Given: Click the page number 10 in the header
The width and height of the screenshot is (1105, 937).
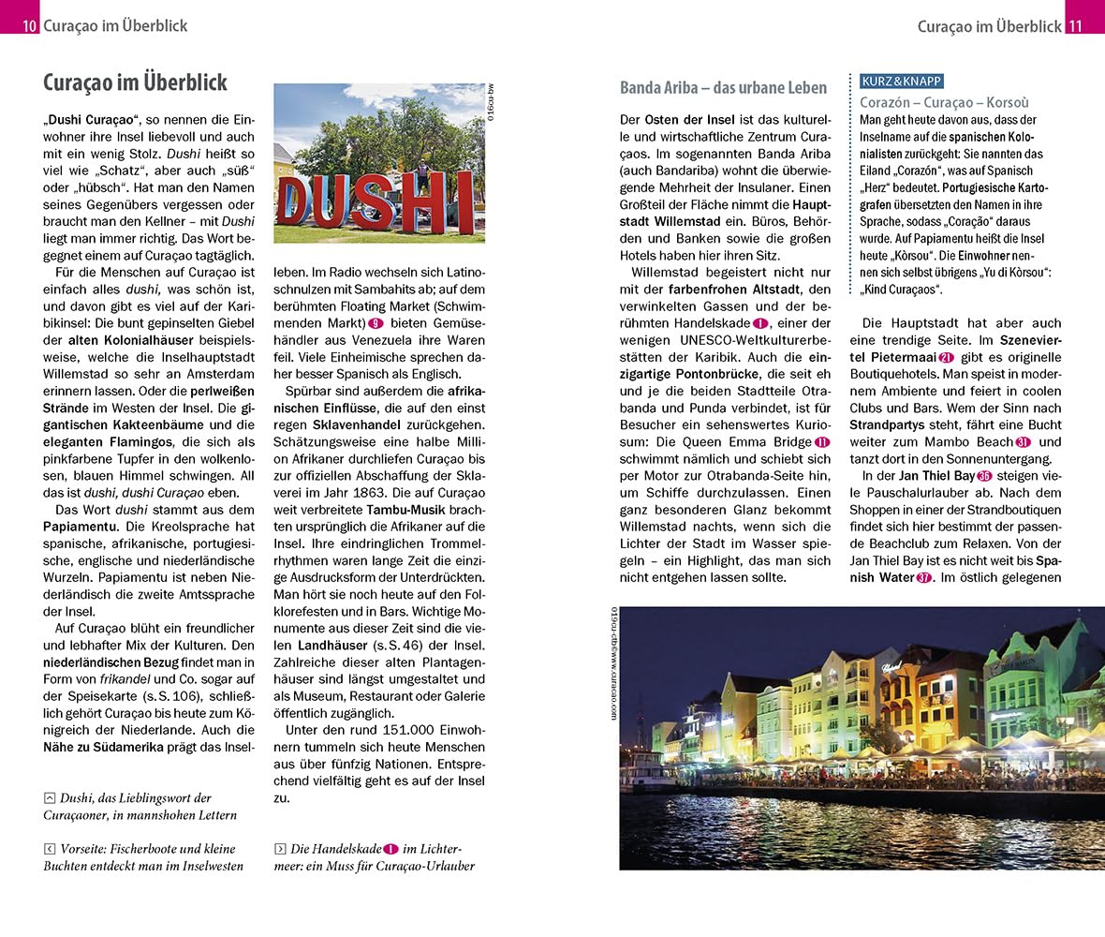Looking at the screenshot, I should [x=30, y=26].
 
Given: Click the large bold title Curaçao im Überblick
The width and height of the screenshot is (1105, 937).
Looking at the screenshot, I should [x=135, y=82].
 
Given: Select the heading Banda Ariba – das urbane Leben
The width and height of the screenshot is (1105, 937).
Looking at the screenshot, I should [x=723, y=88].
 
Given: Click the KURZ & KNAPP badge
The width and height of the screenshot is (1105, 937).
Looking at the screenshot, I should [x=901, y=82].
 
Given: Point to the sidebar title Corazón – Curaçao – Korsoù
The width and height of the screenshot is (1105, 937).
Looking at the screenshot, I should [x=944, y=102].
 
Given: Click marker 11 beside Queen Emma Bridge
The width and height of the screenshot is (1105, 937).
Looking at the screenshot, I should [x=822, y=442].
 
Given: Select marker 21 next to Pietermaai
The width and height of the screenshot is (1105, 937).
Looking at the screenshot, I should [x=946, y=357].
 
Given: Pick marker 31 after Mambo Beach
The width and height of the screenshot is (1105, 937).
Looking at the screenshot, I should [x=1024, y=442].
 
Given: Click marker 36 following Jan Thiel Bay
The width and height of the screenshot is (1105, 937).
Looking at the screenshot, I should [x=983, y=476].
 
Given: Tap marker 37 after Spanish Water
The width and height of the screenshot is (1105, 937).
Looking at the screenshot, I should [x=923, y=577].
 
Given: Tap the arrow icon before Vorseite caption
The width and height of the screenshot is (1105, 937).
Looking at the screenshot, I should [x=50, y=849].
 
